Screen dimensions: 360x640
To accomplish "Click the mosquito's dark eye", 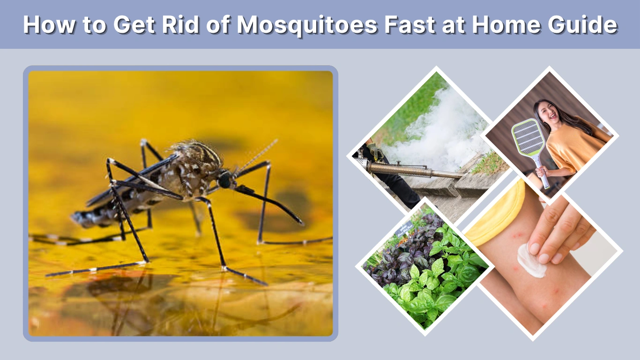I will click(x=225, y=180).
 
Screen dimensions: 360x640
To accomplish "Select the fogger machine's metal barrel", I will click(x=412, y=170).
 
